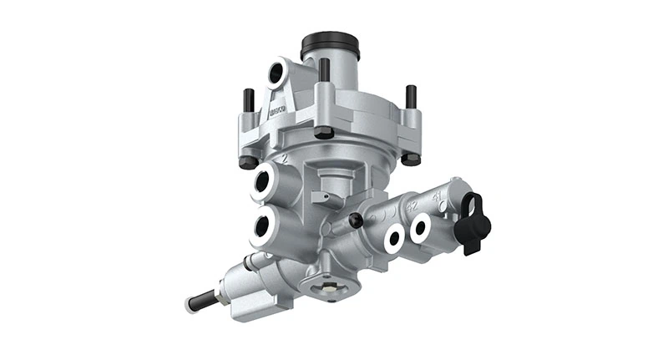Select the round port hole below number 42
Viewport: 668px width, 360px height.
pos(392,238)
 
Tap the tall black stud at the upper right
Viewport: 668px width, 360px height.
pos(411,99)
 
